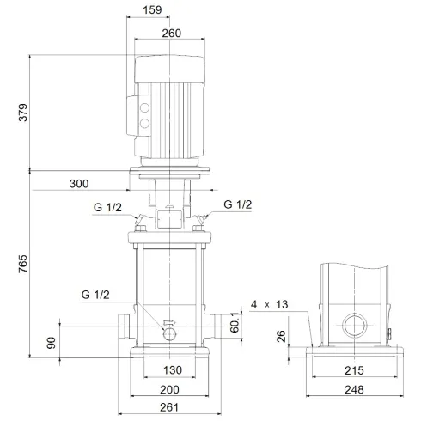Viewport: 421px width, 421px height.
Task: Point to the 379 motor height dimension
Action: [x=22, y=112]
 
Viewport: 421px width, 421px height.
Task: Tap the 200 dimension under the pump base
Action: [x=170, y=389]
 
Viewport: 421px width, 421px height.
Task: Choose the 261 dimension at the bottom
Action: [x=170, y=408]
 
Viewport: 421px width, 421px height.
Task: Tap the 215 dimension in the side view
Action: [x=353, y=370]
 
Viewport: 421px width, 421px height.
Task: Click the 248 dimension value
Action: [x=353, y=389]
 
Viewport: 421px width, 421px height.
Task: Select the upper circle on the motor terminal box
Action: [x=143, y=108]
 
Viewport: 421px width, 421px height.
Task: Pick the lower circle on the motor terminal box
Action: [x=143, y=125]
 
